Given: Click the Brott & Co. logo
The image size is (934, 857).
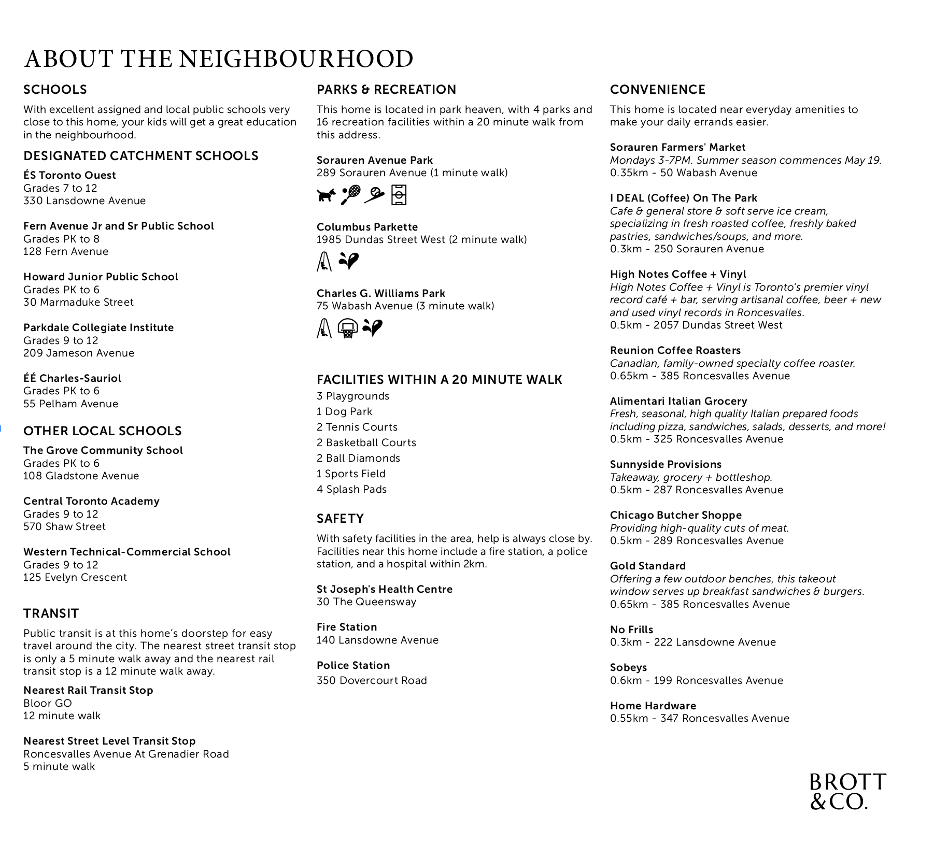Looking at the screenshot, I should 847,791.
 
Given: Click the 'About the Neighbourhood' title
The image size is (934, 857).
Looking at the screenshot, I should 219,59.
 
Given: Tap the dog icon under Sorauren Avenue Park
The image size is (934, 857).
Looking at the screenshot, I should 326,195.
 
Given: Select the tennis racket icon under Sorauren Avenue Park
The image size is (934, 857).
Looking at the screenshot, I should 351,195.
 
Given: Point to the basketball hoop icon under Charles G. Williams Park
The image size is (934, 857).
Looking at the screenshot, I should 347,328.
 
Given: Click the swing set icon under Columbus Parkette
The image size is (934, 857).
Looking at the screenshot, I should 324,261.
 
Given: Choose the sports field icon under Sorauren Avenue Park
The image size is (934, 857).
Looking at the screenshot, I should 399,195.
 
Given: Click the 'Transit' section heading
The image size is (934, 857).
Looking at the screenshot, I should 51,613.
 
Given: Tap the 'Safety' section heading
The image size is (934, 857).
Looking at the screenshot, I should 340,519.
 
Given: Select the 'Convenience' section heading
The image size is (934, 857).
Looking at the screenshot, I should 657,90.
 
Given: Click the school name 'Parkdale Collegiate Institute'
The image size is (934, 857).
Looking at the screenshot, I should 98,327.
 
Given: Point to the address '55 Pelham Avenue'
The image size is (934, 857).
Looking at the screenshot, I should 70,404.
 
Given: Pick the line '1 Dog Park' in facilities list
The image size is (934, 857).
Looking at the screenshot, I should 344,411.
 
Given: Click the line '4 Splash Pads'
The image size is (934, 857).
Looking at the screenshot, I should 351,489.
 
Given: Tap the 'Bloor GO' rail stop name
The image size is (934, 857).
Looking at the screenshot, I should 48,703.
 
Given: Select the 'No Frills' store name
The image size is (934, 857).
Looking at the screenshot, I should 631,630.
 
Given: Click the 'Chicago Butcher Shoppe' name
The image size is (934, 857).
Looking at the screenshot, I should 675,515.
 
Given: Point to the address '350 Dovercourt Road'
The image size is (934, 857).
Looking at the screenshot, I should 372,680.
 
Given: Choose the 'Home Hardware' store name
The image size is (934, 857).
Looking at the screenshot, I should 653,706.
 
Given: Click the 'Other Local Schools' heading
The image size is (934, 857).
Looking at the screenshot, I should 103,431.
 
